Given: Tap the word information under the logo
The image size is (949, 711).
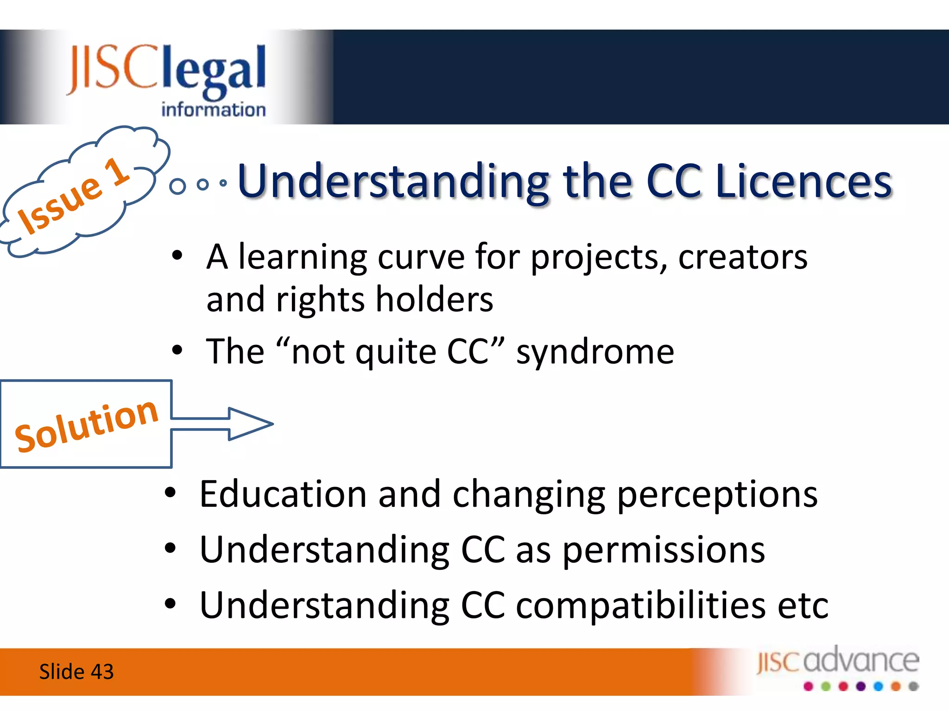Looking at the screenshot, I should click(x=213, y=110).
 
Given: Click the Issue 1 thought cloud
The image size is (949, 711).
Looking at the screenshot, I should click(x=79, y=194).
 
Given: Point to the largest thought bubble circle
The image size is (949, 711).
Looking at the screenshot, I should click(x=177, y=186).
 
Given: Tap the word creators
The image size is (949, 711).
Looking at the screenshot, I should click(x=743, y=257).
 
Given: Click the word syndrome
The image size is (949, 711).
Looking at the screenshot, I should click(x=595, y=352).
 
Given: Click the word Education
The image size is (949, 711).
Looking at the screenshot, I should click(x=283, y=494).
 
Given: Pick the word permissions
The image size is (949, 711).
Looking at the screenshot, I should click(x=664, y=551).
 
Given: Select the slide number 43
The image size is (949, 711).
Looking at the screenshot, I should click(x=102, y=672).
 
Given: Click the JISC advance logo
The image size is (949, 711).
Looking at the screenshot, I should click(x=838, y=667).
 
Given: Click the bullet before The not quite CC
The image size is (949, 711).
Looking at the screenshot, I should click(x=177, y=350).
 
